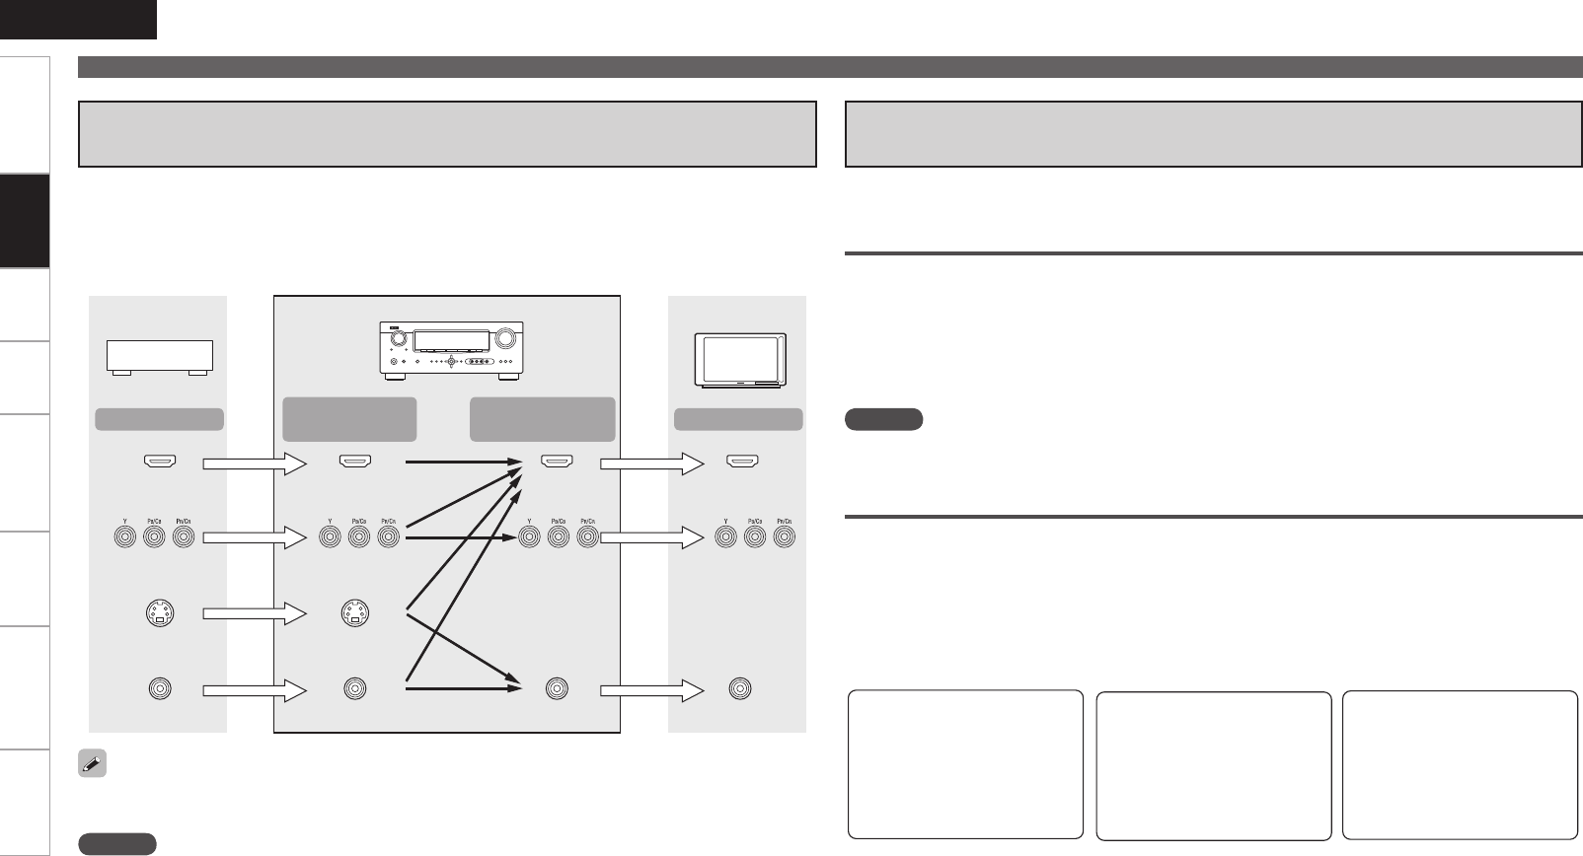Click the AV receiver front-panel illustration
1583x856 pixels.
[450, 350]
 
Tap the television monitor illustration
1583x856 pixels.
[739, 358]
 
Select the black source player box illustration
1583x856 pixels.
[159, 356]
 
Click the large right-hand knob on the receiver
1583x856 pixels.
[506, 338]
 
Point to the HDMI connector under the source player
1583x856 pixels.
[158, 461]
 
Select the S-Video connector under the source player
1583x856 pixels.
[158, 614]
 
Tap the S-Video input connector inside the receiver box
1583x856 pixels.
[354, 614]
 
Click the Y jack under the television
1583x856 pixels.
[725, 538]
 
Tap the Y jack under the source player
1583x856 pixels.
[123, 538]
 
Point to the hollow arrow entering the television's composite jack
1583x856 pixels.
[651, 689]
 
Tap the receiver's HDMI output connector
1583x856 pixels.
[557, 461]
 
